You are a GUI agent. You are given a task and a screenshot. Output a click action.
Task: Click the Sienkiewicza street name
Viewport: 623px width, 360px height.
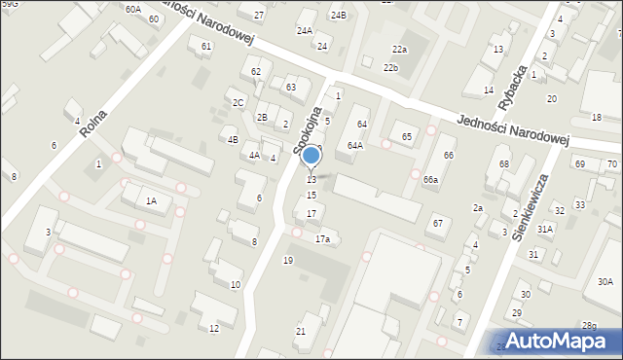click(532, 206)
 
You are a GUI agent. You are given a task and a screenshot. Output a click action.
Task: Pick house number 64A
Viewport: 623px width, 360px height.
click(355, 146)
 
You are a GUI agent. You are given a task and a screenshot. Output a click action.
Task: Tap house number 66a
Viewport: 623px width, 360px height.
click(430, 180)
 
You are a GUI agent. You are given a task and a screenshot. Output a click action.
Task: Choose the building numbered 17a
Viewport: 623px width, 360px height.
click(322, 238)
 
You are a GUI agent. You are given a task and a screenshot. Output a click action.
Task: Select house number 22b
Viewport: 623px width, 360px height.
click(390, 67)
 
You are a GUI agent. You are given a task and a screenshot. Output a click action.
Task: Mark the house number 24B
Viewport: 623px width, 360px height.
click(338, 15)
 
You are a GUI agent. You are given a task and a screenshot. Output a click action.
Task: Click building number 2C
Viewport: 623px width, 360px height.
click(238, 102)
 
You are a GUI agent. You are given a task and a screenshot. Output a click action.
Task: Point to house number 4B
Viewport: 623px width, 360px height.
click(233, 139)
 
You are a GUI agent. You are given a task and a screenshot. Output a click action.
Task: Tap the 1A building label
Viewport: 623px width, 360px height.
click(151, 201)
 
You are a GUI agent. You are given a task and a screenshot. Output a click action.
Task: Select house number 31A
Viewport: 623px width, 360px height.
click(545, 229)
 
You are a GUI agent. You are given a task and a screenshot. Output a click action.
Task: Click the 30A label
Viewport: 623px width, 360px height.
click(605, 281)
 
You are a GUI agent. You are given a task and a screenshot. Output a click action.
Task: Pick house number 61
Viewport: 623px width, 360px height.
click(206, 47)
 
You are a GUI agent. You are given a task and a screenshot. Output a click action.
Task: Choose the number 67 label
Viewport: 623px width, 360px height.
click(438, 224)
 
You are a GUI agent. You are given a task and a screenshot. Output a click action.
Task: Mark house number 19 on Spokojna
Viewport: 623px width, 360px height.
click(287, 260)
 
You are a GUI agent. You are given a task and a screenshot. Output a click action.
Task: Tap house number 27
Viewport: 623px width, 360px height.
click(259, 16)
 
